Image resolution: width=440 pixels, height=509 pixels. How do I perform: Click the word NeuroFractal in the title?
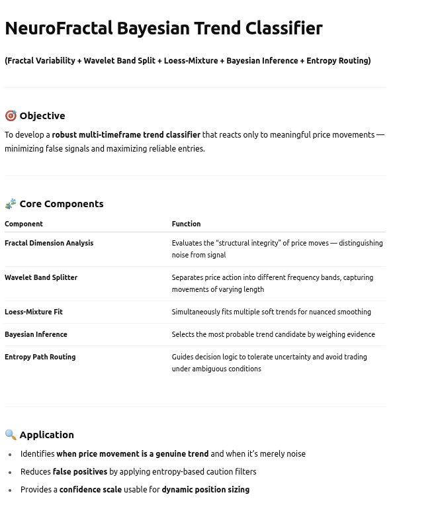point(59,28)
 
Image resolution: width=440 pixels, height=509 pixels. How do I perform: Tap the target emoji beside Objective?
point(11,116)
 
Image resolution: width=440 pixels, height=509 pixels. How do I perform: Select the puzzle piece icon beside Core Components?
point(11,204)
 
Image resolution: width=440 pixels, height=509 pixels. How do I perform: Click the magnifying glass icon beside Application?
point(11,435)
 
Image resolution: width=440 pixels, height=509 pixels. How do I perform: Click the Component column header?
point(24,224)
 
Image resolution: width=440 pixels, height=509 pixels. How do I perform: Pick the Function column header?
point(186,224)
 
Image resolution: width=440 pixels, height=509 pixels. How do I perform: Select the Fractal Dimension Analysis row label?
point(49,244)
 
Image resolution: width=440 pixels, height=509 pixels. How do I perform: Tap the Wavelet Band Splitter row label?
point(41,278)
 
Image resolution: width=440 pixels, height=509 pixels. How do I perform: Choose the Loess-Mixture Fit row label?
point(34,312)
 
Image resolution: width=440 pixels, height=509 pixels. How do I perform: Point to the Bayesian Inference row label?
point(36,335)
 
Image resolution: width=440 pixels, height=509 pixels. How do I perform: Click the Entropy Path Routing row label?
point(40,357)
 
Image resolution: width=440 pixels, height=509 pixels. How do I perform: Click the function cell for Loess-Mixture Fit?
point(271,312)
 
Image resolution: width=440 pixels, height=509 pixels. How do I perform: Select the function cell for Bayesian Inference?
point(273,335)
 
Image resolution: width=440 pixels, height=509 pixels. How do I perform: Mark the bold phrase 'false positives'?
point(80,472)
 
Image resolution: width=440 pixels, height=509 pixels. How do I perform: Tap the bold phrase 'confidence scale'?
point(91,490)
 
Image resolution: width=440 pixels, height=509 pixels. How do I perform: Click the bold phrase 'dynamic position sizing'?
point(206,490)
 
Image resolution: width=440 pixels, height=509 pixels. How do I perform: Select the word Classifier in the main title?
point(284,28)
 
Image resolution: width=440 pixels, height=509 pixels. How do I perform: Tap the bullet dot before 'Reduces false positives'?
point(10,473)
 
